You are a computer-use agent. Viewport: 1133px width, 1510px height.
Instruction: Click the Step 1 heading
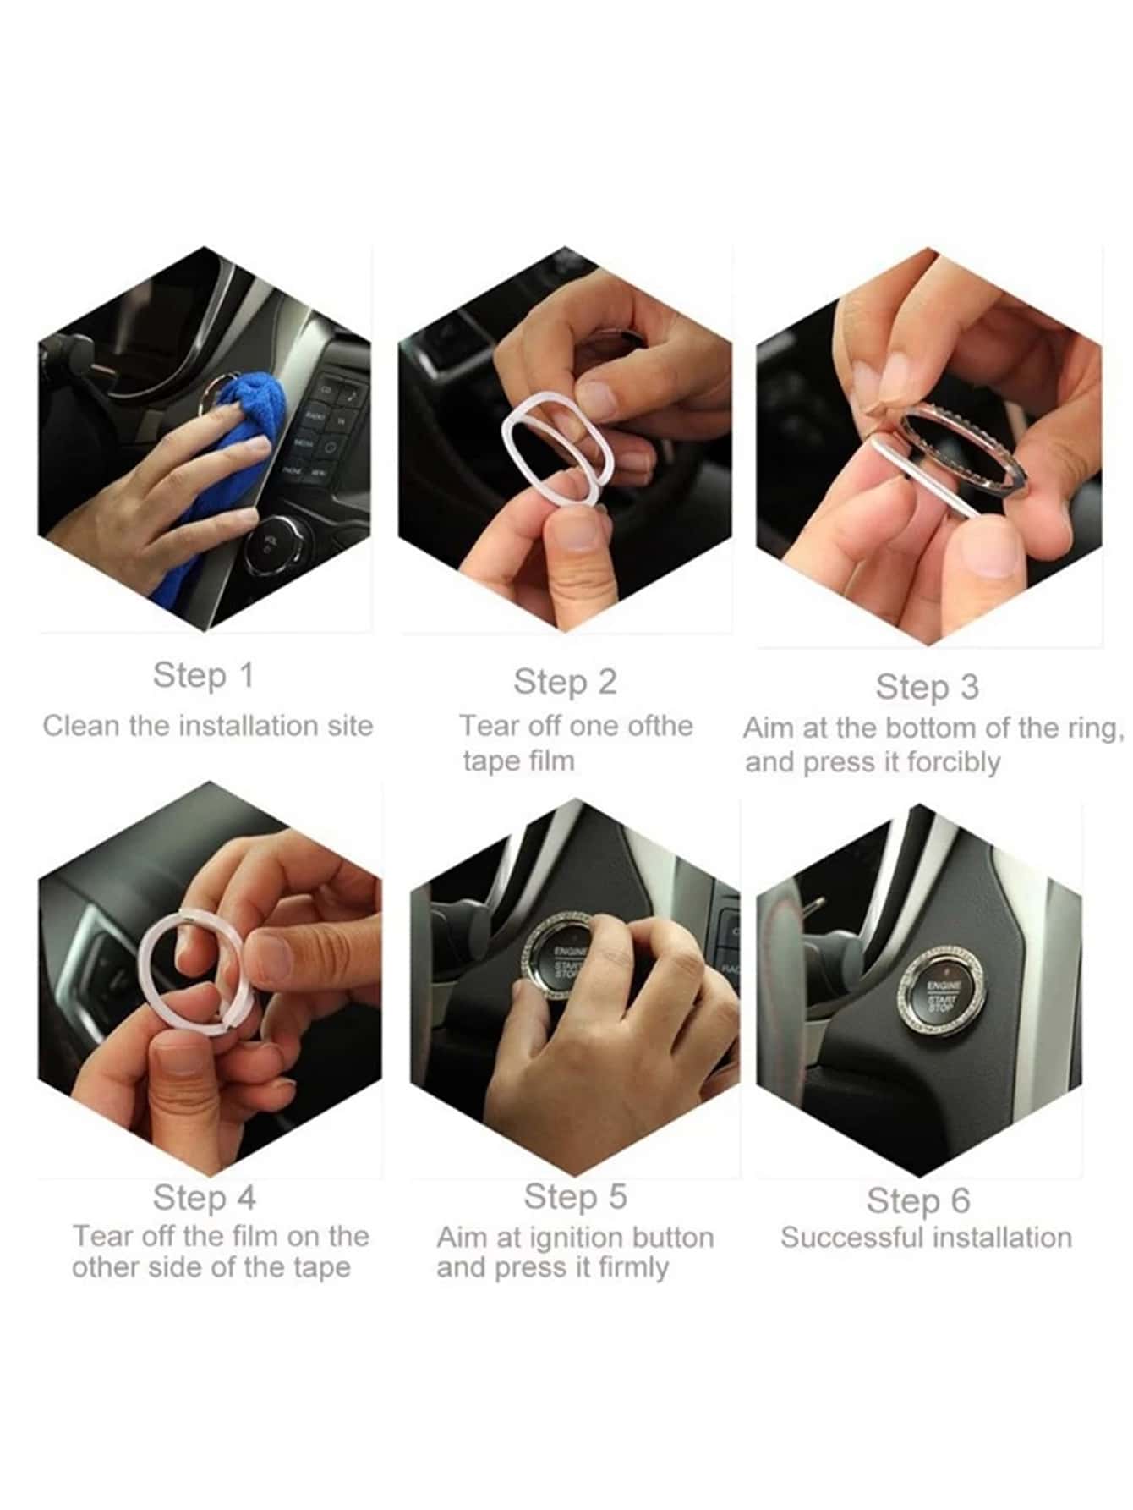(x=203, y=675)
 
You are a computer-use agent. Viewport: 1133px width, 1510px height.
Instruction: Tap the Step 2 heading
(x=565, y=681)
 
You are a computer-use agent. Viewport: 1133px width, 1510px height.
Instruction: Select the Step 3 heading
(x=927, y=686)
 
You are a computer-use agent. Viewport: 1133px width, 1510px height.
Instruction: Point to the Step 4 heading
(x=204, y=1197)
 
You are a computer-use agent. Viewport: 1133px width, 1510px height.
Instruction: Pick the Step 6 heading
(x=918, y=1200)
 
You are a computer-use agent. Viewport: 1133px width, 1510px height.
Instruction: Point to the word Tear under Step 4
(x=101, y=1236)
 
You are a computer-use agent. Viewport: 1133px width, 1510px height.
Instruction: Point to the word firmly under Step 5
(x=633, y=1268)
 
